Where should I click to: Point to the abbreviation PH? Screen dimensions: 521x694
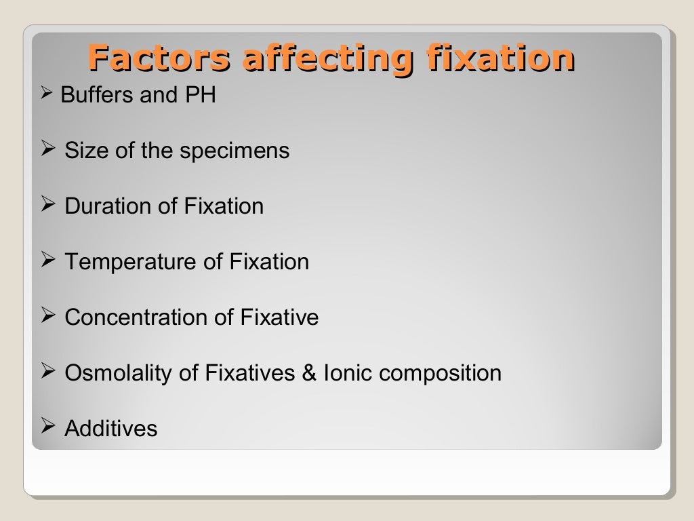[201, 95]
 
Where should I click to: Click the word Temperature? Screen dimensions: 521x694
[123, 262]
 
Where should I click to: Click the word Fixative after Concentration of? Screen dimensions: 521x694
[279, 317]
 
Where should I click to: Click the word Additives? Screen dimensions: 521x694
[111, 429]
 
